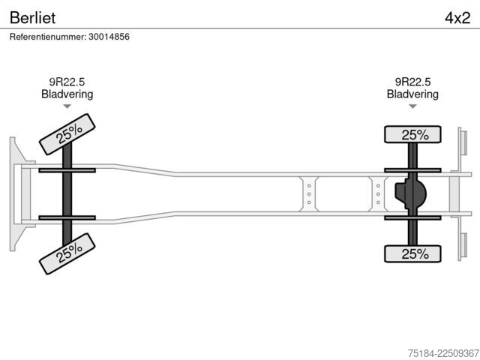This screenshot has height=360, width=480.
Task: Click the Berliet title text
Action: click(32, 18)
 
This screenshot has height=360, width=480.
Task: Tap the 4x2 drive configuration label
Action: click(457, 18)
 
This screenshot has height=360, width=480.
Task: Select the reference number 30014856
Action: click(109, 37)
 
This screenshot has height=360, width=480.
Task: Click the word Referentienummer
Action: click(48, 37)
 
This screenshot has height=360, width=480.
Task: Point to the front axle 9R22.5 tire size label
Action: click(67, 82)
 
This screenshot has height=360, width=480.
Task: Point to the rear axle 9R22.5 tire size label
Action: click(412, 82)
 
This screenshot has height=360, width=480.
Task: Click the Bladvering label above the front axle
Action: click(67, 94)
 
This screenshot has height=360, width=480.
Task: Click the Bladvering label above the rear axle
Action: click(412, 94)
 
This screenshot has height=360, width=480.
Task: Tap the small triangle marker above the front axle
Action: click(67, 106)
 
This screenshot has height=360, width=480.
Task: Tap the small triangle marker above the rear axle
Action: click(412, 106)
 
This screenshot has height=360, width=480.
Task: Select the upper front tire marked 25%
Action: click(67, 134)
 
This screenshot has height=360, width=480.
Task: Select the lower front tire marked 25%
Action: click(67, 253)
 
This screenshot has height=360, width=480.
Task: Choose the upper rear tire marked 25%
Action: click(412, 134)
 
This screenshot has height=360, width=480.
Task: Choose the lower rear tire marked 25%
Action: click(412, 253)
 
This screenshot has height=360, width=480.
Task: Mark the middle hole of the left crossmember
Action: click(309, 194)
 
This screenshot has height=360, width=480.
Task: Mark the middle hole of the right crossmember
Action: click(378, 194)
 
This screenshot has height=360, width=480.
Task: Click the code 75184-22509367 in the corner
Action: click(443, 353)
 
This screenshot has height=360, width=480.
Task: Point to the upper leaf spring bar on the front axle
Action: click(67, 170)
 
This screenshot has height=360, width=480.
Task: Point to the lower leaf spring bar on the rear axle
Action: click(412, 218)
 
